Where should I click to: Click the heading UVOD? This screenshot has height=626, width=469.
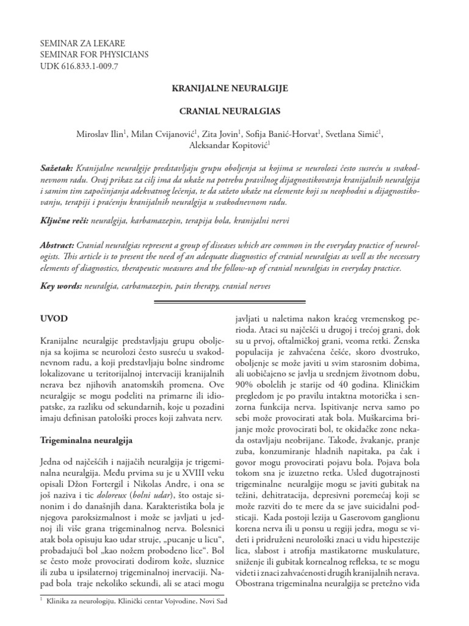[54, 319]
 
